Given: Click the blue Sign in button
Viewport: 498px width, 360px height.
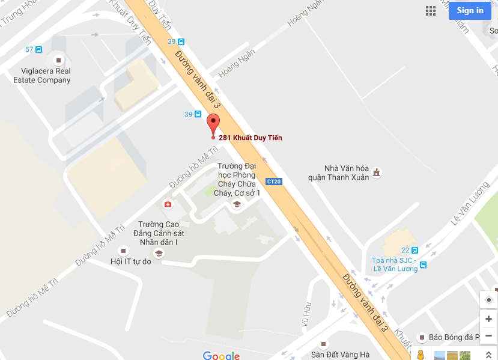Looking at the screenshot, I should click(470, 10).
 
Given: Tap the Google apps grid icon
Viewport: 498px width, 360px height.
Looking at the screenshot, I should click(431, 10).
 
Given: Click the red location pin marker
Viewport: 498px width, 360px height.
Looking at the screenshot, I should click(213, 125).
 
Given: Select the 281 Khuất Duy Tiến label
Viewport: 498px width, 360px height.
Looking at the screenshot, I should click(250, 138).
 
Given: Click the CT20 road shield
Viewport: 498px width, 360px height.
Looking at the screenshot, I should click(274, 181).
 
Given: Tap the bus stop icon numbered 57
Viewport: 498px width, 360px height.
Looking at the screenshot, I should click(38, 49).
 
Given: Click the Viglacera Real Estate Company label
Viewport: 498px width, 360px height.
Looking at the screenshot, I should click(41, 76).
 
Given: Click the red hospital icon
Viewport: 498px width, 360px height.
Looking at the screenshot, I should click(168, 204).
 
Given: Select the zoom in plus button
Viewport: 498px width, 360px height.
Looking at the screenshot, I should click(488, 319).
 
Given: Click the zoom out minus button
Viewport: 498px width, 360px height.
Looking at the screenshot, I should click(488, 335).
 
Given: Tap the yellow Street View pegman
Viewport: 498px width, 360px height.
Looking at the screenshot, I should click(421, 355).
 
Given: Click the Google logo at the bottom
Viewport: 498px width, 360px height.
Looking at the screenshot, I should click(221, 355).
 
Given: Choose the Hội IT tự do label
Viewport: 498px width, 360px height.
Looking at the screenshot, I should click(130, 261).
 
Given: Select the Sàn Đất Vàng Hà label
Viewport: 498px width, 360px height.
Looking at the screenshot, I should click(340, 355).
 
